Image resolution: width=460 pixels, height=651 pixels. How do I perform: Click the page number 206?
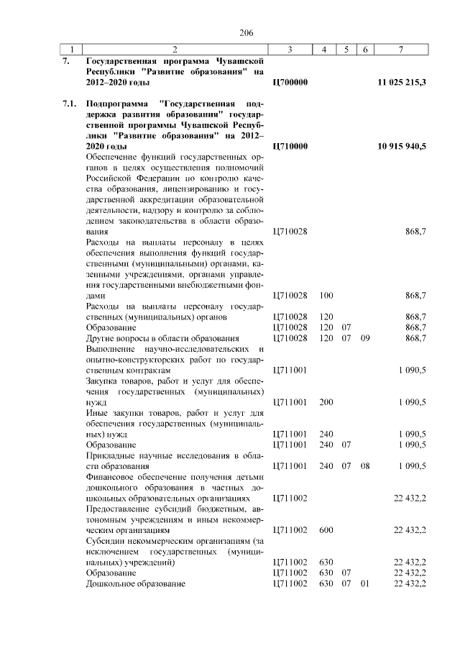coord(247,33)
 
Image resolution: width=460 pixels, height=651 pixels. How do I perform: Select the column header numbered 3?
coord(289,50)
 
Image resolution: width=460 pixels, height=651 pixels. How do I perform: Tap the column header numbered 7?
coord(401,50)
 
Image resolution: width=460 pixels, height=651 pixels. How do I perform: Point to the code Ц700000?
coord(291,83)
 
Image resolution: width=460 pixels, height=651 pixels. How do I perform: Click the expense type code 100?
coord(326,296)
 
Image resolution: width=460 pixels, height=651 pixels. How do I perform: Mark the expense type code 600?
coord(326,530)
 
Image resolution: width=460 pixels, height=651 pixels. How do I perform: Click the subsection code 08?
coord(365,465)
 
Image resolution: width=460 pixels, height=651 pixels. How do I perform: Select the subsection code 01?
coord(365,583)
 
